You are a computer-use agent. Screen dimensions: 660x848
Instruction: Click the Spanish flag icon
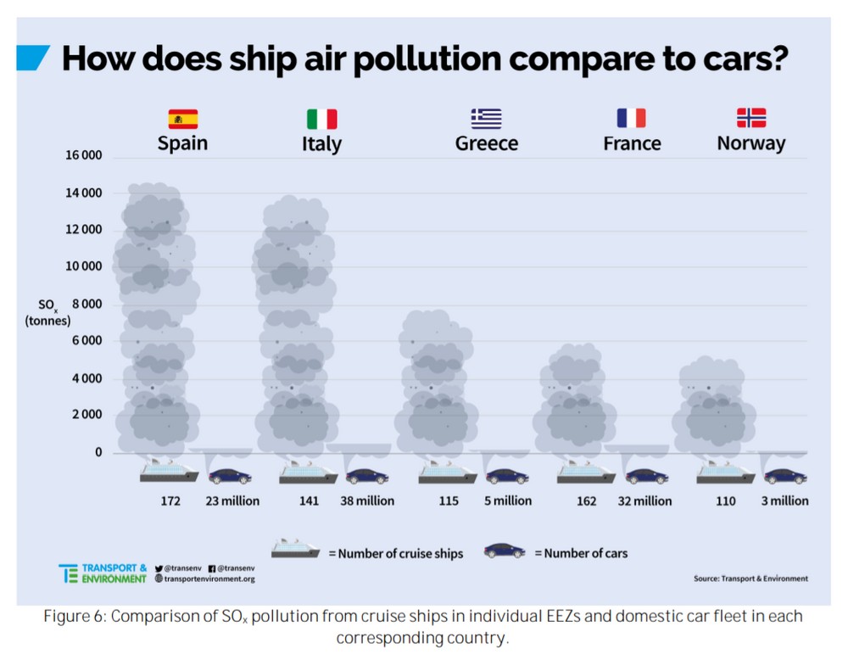[183, 118]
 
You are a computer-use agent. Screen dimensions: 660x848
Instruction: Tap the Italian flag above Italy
[321, 119]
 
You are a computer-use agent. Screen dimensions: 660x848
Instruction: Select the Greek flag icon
[487, 118]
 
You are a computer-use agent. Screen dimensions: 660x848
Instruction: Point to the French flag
[632, 118]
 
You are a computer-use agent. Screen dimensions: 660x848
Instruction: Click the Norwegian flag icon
[751, 118]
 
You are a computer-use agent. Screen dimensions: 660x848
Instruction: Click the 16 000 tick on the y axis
[83, 156]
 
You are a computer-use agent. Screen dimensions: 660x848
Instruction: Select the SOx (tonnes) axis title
[48, 313]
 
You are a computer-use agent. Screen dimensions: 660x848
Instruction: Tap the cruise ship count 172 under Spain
[170, 501]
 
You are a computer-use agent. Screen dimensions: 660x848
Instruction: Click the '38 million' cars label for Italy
[367, 501]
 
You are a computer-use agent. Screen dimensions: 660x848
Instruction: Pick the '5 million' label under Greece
[507, 501]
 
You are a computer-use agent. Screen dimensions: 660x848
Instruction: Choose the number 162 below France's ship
[586, 501]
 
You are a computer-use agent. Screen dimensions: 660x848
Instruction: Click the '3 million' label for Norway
[784, 501]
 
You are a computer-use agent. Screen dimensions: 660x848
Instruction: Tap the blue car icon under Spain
[230, 476]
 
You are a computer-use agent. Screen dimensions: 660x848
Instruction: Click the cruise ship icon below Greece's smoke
[447, 472]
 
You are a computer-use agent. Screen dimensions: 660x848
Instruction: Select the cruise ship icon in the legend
[296, 549]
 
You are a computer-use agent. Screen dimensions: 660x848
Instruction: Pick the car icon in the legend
[505, 551]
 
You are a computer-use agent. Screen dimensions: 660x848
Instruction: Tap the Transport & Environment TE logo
[68, 573]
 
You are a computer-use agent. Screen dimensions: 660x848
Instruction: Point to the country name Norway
[751, 143]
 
